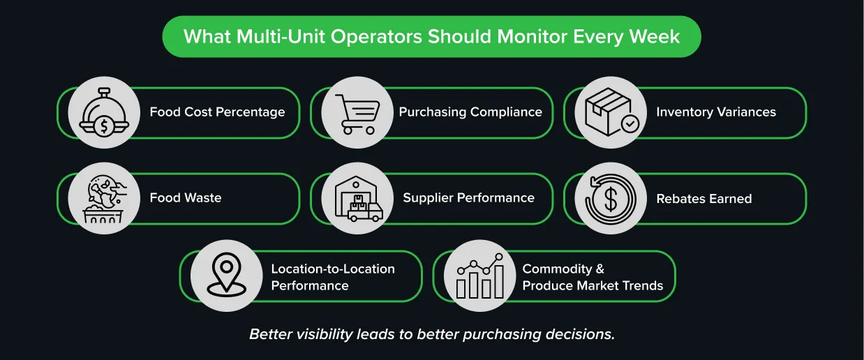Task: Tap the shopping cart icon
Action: coord(357,114)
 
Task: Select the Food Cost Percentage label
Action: coord(217,112)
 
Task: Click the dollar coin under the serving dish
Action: coord(104,126)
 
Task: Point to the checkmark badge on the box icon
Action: coord(630,124)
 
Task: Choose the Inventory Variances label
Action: coord(716,112)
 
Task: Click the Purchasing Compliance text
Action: coord(470,112)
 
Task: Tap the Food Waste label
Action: coord(186,197)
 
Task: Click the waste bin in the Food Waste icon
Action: coord(103,214)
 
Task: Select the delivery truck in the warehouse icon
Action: coord(365,211)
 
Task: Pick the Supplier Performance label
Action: coord(469,197)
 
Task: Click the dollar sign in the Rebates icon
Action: coord(610,199)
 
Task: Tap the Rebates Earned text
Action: coord(704,199)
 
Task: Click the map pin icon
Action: coord(226,275)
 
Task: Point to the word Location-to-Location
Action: coord(333,269)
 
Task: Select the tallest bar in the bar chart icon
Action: coord(499,281)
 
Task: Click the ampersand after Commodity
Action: coord(599,269)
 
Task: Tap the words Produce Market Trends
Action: coord(593,285)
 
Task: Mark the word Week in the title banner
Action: coord(654,36)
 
